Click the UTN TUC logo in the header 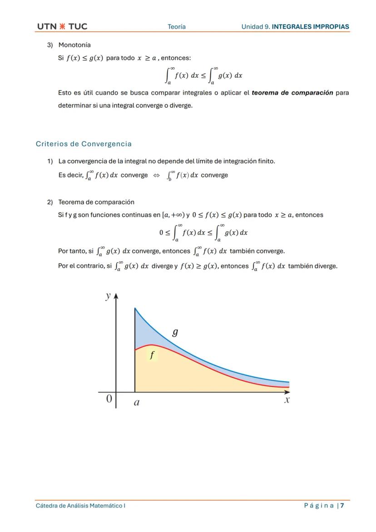[62, 26]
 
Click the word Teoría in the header [176, 27]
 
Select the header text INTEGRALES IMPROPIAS [310, 27]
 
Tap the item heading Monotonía [74, 45]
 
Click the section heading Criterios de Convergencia [84, 144]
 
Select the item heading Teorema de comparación [96, 202]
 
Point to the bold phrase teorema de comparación [292, 93]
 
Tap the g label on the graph [175, 333]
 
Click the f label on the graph [152, 355]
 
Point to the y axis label [108, 296]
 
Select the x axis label [287, 400]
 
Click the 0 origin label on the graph [109, 399]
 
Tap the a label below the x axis [137, 403]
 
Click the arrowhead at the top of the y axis [116, 296]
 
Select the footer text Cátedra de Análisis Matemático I [80, 506]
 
